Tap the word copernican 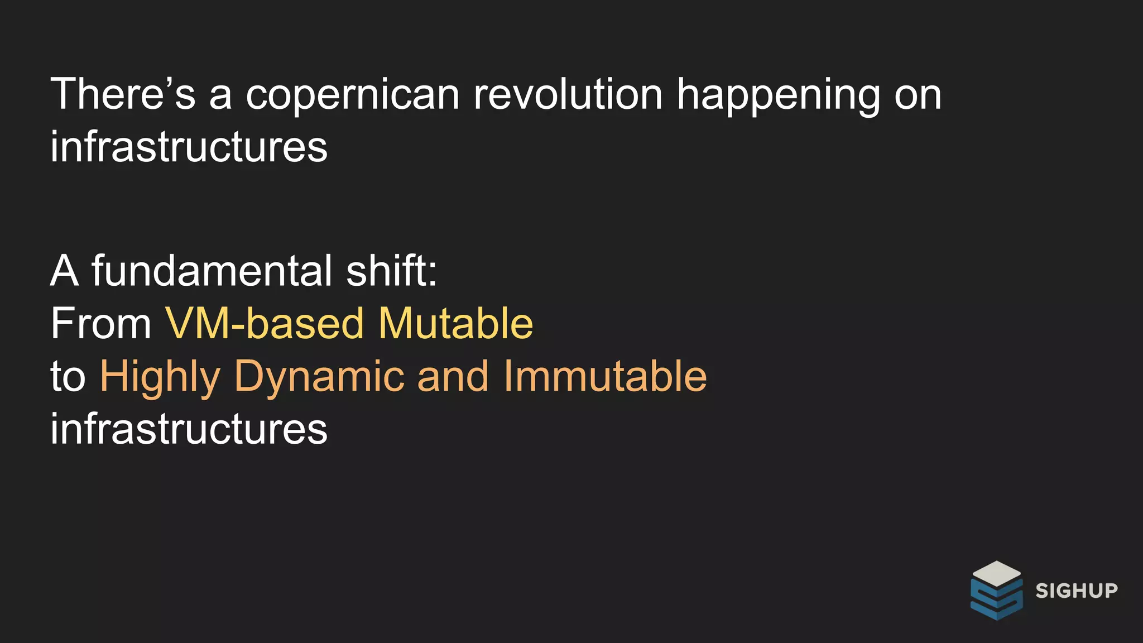pos(353,95)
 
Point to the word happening pos(778,95)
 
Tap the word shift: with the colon pos(391,271)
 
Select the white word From pos(100,323)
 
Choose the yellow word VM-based pos(265,323)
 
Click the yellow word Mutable pos(455,323)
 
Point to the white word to pos(68,376)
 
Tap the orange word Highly pos(160,377)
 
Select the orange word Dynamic pos(319,377)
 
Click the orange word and pos(453,376)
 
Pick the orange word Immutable pos(605,376)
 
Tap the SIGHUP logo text pos(1077,591)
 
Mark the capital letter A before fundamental pos(64,271)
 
